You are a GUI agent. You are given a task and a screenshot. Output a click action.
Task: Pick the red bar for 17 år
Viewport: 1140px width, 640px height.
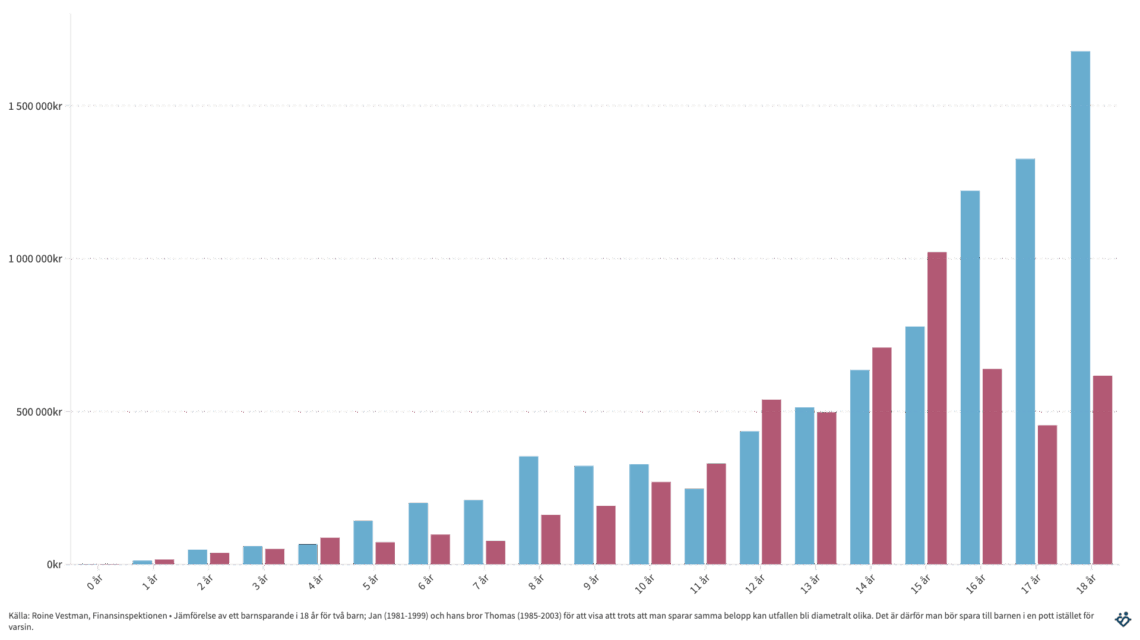point(1047,494)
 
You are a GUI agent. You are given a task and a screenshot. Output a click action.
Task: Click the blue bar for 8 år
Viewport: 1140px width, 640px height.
point(528,510)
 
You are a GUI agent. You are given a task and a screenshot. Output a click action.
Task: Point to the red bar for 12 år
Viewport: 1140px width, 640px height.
point(771,481)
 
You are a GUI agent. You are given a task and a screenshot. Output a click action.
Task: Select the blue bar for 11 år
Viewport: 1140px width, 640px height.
point(694,526)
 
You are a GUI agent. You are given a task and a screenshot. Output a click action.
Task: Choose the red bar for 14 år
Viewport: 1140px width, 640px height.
point(882,455)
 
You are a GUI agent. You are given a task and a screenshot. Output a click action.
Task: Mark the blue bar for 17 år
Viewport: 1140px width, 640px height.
point(1025,361)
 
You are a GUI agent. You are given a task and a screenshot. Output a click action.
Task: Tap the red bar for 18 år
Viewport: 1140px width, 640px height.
point(1102,470)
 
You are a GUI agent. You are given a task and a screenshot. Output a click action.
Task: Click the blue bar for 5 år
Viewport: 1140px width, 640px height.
point(363,542)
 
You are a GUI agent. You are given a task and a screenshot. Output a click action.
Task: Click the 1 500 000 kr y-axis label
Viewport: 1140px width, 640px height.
point(35,106)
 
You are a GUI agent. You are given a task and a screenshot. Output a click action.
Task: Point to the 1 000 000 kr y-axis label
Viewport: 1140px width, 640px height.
point(35,259)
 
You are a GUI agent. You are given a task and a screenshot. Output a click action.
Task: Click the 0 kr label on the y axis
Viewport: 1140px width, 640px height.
point(54,565)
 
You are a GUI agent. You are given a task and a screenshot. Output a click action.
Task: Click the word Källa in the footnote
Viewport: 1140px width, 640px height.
point(18,616)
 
